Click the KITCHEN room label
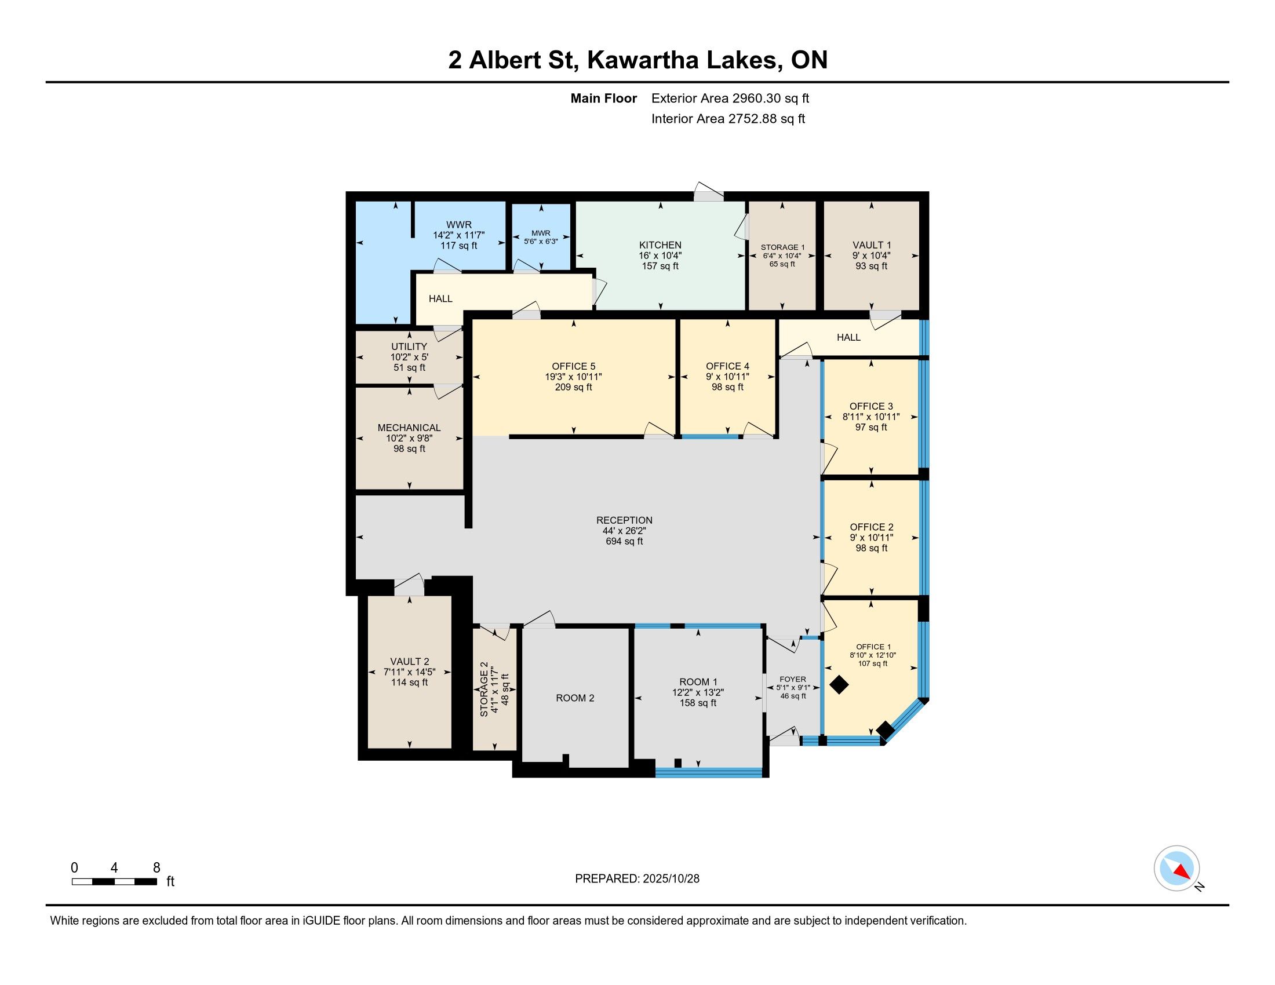pyautogui.click(x=660, y=245)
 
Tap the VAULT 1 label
pyautogui.click(x=871, y=245)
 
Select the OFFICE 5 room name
pyautogui.click(x=573, y=366)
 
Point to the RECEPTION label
pyautogui.click(x=624, y=520)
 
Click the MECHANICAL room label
pyautogui.click(x=409, y=428)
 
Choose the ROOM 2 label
pyautogui.click(x=574, y=698)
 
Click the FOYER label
pyautogui.click(x=793, y=679)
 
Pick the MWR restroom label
pyautogui.click(x=541, y=234)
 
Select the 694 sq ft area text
pyautogui.click(x=624, y=541)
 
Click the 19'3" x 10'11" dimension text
pyautogui.click(x=573, y=377)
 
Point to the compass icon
pyautogui.click(x=1176, y=868)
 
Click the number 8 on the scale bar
pyautogui.click(x=156, y=868)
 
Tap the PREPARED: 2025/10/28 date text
pyautogui.click(x=637, y=879)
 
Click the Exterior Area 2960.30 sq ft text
pyautogui.click(x=730, y=99)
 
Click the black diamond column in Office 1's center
pyautogui.click(x=839, y=684)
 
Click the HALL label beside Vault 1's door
pyautogui.click(x=848, y=337)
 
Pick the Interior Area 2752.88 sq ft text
pyautogui.click(x=728, y=119)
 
